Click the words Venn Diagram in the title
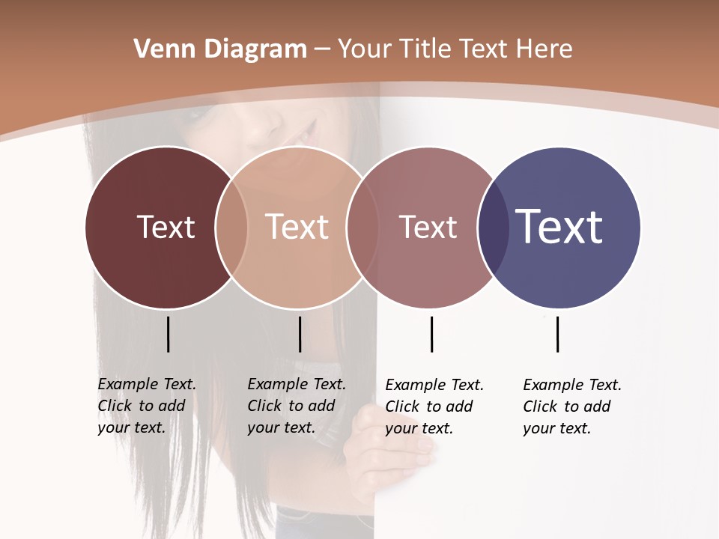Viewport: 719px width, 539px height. pyautogui.click(x=220, y=49)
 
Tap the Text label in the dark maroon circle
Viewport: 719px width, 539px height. pyautogui.click(x=166, y=227)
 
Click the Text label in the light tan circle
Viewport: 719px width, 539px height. pyautogui.click(x=297, y=227)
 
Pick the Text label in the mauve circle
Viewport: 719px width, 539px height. pyautogui.click(x=428, y=227)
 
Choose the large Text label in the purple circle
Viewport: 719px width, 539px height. pyautogui.click(x=559, y=226)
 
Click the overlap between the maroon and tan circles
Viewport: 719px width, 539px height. pyautogui.click(x=231, y=227)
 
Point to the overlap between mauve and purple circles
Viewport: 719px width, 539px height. pyautogui.click(x=494, y=227)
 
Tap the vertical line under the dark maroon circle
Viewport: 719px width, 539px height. pyautogui.click(x=169, y=334)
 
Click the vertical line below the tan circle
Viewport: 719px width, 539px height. pyautogui.click(x=300, y=334)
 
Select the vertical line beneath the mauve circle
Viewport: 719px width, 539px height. pyautogui.click(x=431, y=334)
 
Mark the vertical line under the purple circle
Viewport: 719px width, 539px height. pyautogui.click(x=557, y=334)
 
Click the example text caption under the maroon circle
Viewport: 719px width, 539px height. pyautogui.click(x=147, y=406)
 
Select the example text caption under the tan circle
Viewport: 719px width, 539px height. pyautogui.click(x=297, y=406)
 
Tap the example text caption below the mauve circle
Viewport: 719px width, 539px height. pyautogui.click(x=434, y=406)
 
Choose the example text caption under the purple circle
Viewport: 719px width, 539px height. pyautogui.click(x=572, y=406)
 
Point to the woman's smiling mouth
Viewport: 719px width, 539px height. pyautogui.click(x=300, y=135)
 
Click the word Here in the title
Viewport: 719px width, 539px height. pyautogui.click(x=545, y=49)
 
